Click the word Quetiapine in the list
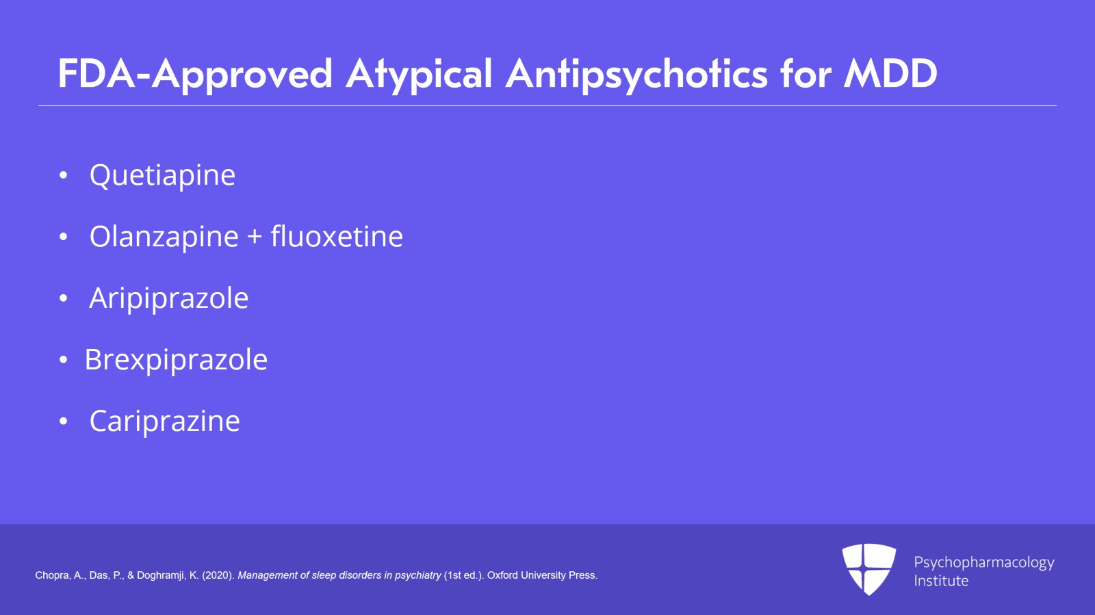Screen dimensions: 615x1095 [162, 176]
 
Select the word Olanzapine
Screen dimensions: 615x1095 [164, 237]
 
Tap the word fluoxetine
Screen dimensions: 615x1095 [337, 237]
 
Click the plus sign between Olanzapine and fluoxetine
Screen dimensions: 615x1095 [255, 237]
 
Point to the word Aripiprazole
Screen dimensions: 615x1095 [168, 299]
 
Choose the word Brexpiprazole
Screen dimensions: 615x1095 [176, 361]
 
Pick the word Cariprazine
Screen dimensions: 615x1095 [164, 421]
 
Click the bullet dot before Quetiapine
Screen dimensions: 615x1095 [64, 176]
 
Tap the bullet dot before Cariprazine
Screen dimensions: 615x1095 [64, 421]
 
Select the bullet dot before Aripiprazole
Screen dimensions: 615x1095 [64, 299]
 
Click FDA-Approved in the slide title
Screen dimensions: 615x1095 [195, 74]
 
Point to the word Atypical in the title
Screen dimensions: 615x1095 [419, 74]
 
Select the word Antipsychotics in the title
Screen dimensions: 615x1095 [636, 74]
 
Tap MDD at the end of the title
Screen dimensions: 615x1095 [890, 73]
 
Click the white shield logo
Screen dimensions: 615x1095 [868, 568]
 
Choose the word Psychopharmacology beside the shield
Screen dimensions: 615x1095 [983, 562]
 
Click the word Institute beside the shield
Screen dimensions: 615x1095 [941, 581]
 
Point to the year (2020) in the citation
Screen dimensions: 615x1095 [218, 575]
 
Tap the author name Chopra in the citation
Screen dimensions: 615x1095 [52, 575]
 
